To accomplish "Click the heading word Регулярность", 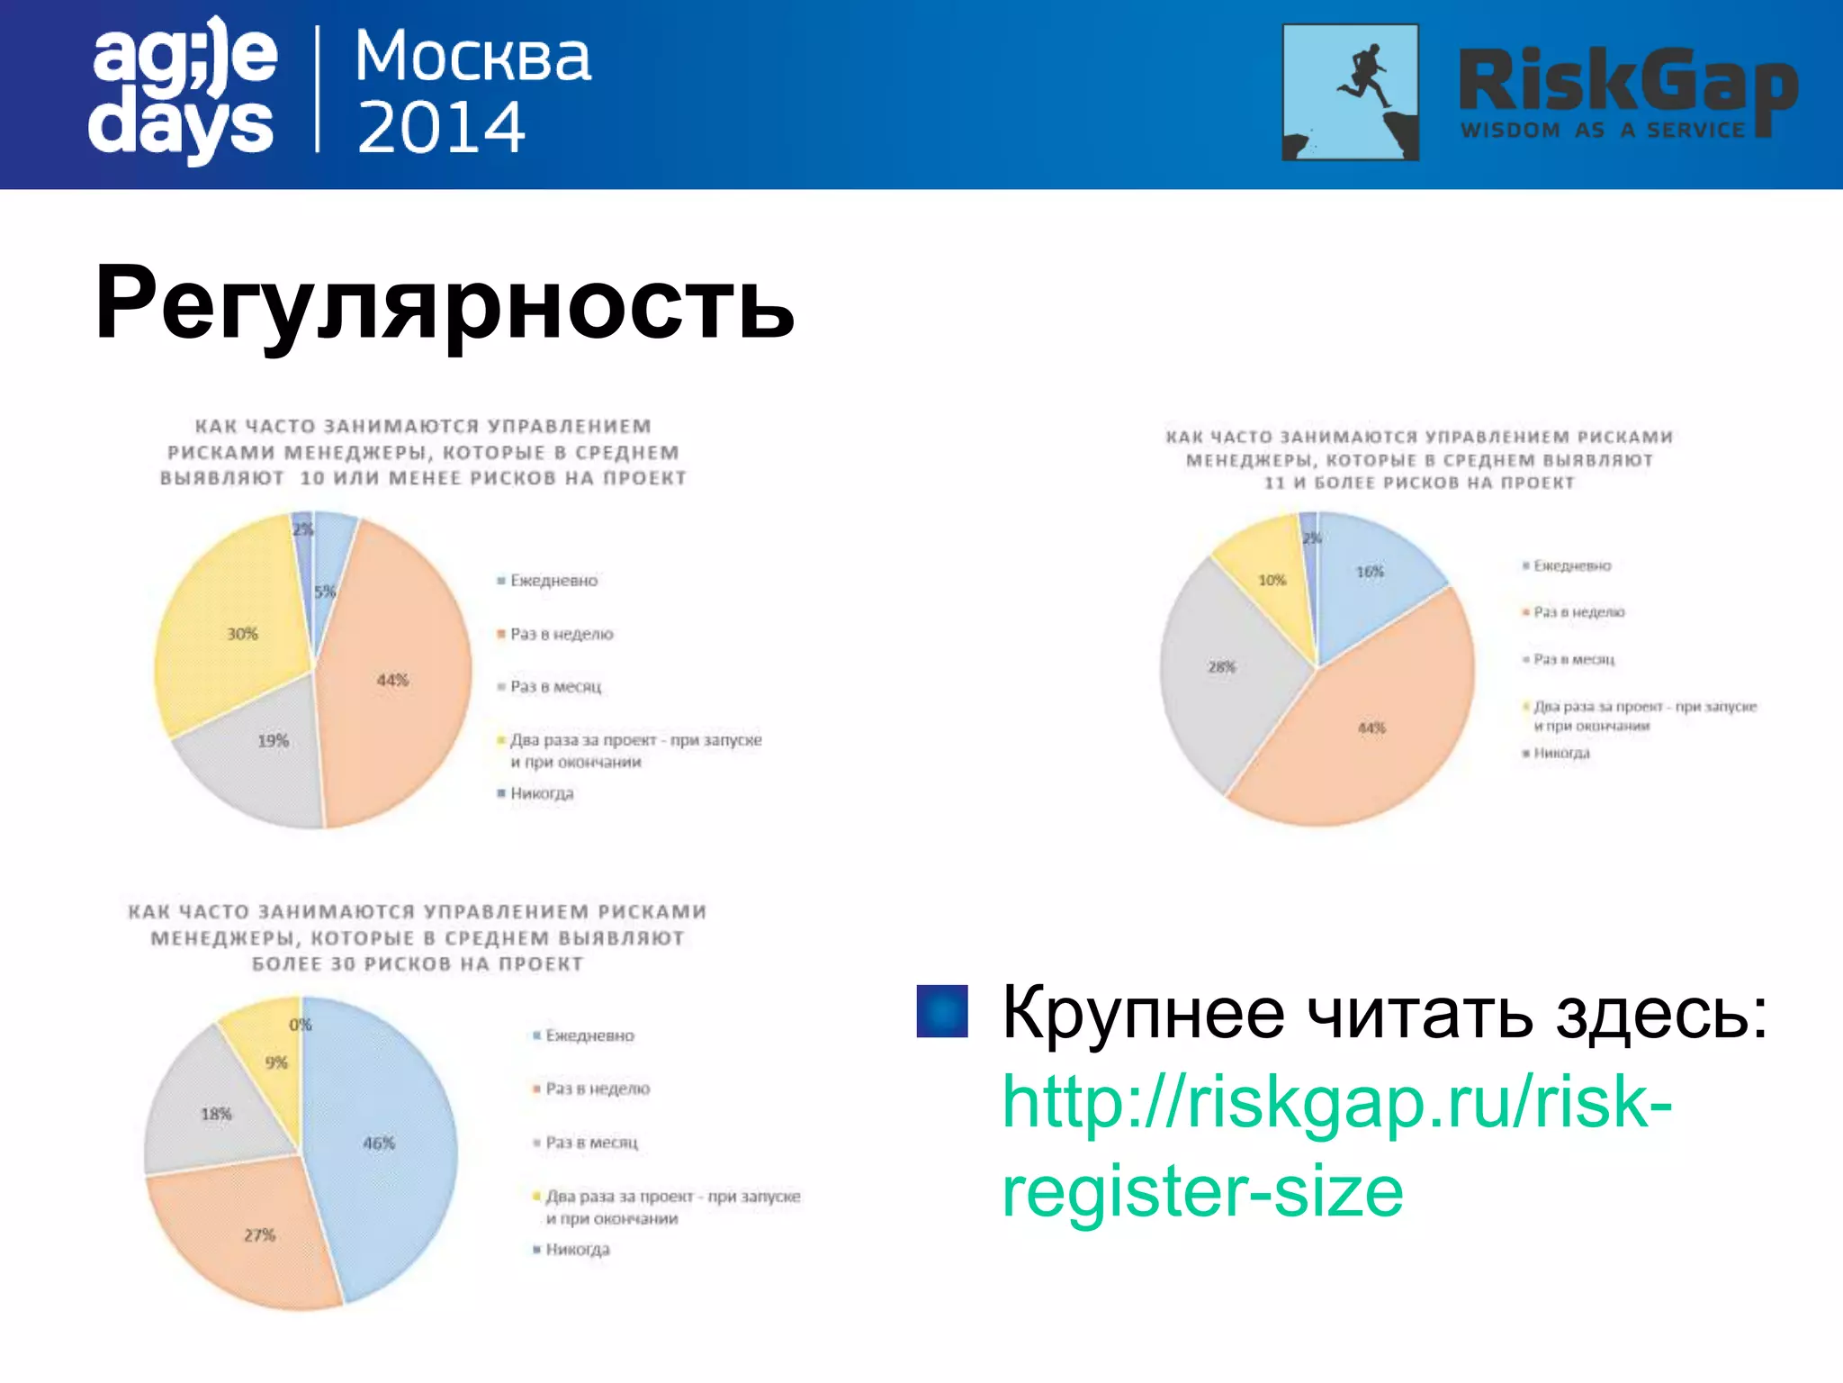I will coord(444,303).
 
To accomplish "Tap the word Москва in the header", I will coord(473,57).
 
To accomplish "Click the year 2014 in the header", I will coord(441,127).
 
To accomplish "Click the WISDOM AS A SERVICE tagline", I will coord(1603,131).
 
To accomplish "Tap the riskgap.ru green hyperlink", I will coord(1336,1145).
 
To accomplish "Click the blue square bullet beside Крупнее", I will coord(941,1011).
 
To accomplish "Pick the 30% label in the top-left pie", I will coord(242,634).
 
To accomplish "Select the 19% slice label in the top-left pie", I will coord(273,741).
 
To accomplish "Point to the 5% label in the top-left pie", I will coord(325,592).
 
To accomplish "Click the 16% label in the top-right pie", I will coord(1370,572).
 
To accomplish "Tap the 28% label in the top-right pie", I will coord(1221,667).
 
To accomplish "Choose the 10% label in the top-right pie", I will coord(1272,581).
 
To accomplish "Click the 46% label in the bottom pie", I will coord(379,1143).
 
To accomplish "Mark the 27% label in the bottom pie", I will coord(259,1235).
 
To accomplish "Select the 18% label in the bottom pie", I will coord(216,1115).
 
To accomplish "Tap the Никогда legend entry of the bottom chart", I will coord(577,1250).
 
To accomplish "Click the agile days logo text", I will coord(184,90).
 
